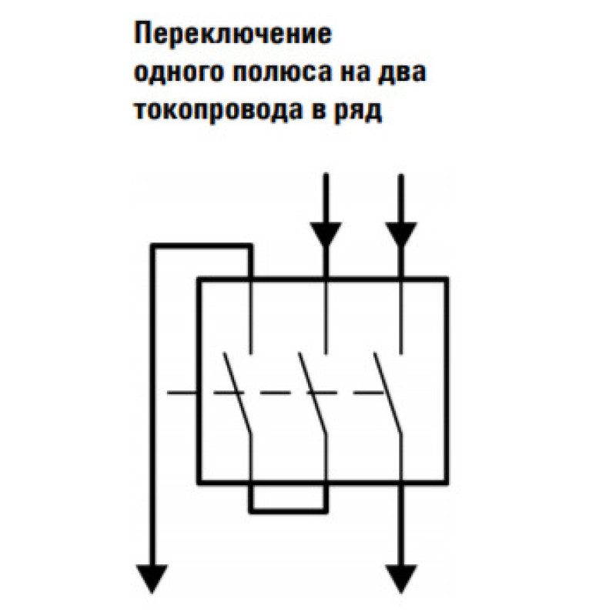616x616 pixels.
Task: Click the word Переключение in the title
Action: (x=233, y=35)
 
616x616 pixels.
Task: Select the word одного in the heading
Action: (x=179, y=73)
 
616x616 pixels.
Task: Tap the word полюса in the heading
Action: (x=282, y=73)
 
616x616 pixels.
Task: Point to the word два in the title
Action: (x=401, y=73)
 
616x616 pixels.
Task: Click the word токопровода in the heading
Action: (x=219, y=111)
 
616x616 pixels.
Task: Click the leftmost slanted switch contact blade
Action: (x=237, y=393)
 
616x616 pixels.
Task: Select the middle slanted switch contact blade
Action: (x=312, y=393)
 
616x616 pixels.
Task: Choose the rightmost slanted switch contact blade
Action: (x=387, y=393)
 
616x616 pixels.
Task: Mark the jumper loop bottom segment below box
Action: (x=288, y=511)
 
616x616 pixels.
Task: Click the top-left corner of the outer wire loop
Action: (x=153, y=246)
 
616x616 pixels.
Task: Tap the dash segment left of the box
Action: (x=182, y=393)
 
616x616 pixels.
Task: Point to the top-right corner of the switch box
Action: (x=447, y=280)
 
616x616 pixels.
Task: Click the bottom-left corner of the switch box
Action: (x=199, y=482)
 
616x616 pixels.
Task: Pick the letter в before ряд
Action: (x=319, y=111)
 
